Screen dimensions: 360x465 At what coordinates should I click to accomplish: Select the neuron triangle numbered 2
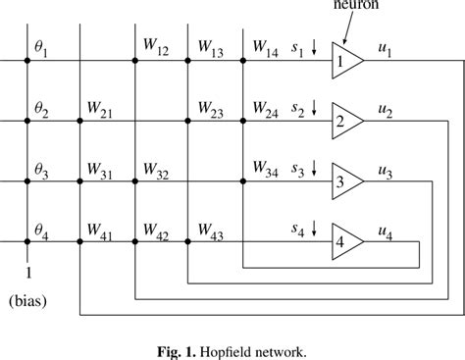pyautogui.click(x=345, y=121)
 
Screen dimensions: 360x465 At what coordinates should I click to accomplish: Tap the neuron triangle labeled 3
pyautogui.click(x=345, y=180)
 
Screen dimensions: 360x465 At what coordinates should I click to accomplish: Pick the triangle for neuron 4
pyautogui.click(x=345, y=241)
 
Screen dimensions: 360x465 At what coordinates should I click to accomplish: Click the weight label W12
pyautogui.click(x=155, y=46)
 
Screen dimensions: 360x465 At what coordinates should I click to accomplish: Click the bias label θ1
pyautogui.click(x=41, y=46)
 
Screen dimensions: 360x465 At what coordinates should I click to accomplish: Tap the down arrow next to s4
pyautogui.click(x=314, y=228)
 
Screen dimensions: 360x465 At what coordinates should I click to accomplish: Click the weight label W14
pyautogui.click(x=265, y=46)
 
